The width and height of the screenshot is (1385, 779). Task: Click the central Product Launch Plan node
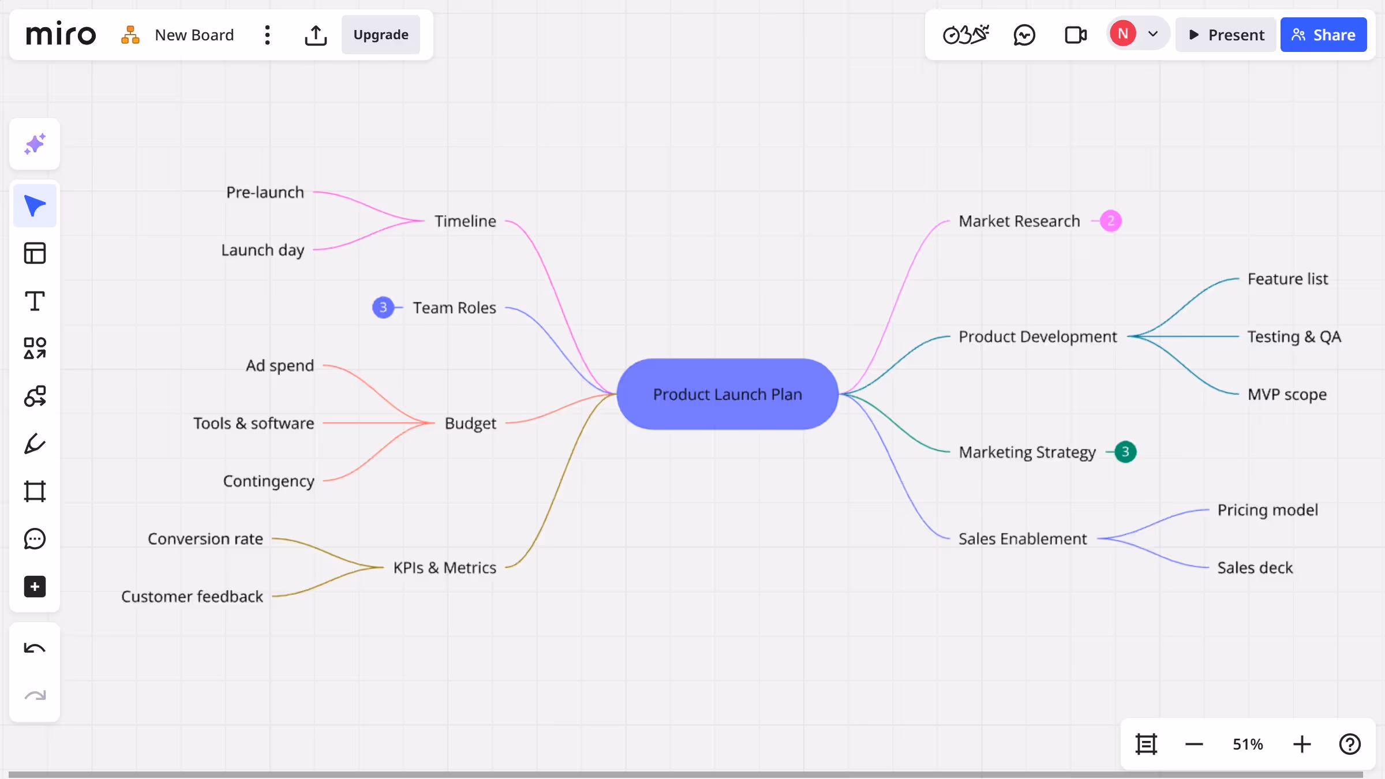(727, 394)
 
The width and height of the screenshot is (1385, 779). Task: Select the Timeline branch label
(465, 221)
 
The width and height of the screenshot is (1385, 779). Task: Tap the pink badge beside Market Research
(1110, 221)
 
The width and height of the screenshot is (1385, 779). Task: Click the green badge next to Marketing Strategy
(1125, 452)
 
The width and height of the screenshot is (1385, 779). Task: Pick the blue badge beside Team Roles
(383, 308)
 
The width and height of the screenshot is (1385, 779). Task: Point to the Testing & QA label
(1294, 336)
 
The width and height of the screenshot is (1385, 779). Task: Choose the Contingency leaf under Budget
(269, 481)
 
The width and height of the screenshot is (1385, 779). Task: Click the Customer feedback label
(192, 596)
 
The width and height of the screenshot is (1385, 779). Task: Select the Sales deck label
(1255, 568)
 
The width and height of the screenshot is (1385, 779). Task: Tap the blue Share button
(1323, 35)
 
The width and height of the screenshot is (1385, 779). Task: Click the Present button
(1226, 35)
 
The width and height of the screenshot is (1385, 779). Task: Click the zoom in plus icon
(1302, 744)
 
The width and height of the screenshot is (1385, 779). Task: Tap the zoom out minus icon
(1194, 744)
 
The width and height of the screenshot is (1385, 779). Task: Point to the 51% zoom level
(1248, 744)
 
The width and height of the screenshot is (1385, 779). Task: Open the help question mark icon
(1350, 744)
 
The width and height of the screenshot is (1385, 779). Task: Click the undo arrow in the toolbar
(35, 648)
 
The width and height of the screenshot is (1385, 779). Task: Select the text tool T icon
(35, 301)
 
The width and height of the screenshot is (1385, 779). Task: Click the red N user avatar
(1122, 33)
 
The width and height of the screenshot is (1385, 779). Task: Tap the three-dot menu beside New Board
(267, 35)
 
